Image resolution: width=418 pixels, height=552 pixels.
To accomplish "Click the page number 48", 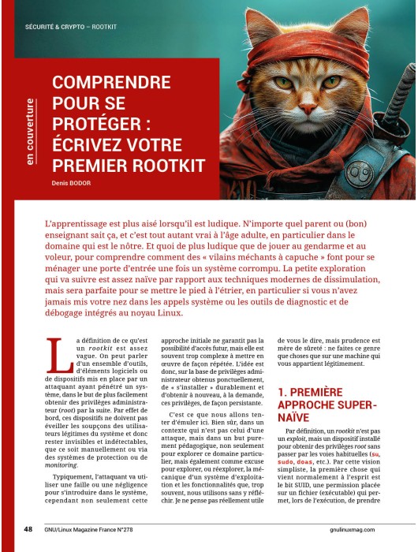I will [x=28, y=529].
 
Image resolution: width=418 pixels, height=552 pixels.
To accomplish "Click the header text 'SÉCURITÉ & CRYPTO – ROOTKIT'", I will [x=71, y=26].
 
